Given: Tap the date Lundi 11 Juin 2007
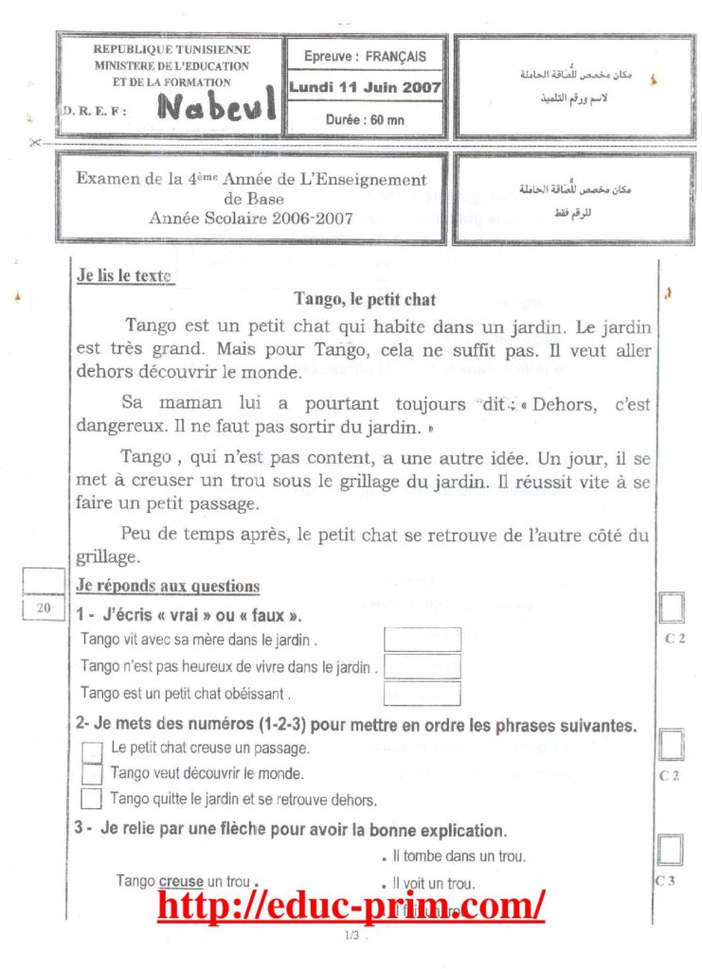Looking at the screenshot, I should coord(366,86).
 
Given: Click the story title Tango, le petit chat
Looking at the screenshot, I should coord(365,299).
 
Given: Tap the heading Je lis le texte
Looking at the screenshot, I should coord(124,276).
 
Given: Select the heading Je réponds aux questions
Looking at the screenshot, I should coord(167,586).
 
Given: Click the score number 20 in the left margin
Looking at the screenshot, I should coord(44,608).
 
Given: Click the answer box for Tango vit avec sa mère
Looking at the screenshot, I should coord(422,640).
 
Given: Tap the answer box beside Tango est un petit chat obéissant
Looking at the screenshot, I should coord(422,693).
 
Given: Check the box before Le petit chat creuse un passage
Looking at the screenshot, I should coord(92,749).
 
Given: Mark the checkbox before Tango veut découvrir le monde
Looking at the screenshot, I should coord(92,773).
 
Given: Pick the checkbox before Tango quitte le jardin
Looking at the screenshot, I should coord(92,798).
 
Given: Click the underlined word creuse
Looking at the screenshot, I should coord(181,881).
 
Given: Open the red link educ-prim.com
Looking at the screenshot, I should coord(351,906).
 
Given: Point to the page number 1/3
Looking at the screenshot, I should coord(351,936).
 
